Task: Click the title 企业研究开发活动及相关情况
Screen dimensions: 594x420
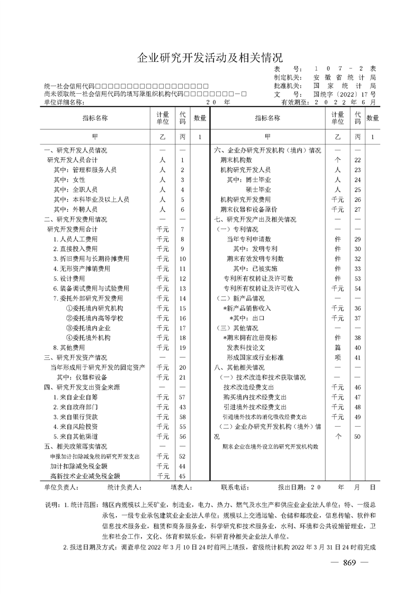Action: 210,57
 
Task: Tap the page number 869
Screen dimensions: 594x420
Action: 348,563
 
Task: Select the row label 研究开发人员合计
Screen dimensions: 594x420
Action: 72,159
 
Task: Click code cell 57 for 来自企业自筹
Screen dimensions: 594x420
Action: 182,397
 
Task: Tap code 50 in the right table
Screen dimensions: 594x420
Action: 358,436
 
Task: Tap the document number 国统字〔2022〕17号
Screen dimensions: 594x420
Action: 344,94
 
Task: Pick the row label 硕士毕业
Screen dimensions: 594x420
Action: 258,189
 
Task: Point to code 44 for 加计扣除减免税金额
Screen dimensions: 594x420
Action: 182,466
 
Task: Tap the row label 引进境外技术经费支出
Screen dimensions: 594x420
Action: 255,407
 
